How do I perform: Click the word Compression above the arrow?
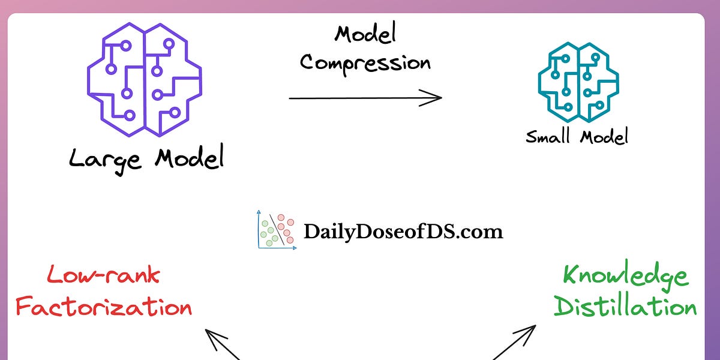(x=365, y=62)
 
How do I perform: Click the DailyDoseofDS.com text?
(x=403, y=232)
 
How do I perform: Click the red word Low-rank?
(x=103, y=275)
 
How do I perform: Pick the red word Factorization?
(x=103, y=307)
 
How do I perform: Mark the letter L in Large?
(x=76, y=158)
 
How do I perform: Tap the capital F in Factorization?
(x=24, y=307)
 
